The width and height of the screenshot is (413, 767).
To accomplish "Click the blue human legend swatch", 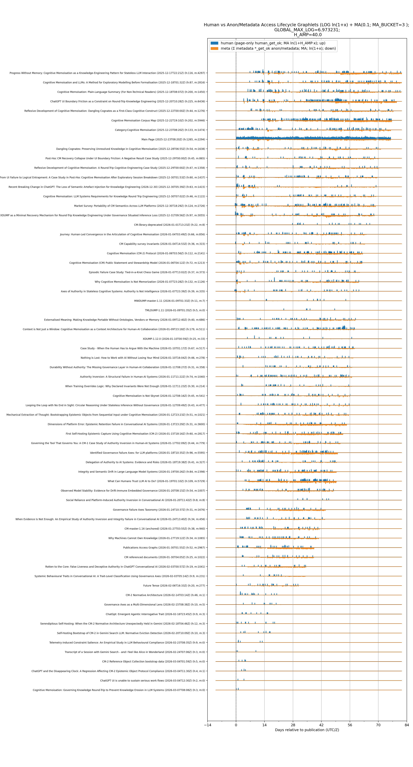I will (214, 43).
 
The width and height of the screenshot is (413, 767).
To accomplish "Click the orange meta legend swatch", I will (214, 48).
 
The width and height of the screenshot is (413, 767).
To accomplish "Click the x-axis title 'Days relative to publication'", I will (307, 730).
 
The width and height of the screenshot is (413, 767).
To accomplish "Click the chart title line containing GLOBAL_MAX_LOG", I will (307, 30).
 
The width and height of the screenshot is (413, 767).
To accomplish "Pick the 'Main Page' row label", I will (173, 139).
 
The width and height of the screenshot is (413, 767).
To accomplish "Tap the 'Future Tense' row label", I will (174, 585).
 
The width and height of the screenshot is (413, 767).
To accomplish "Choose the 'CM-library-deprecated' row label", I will (169, 225).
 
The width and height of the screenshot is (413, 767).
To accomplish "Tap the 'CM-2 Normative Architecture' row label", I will (165, 595).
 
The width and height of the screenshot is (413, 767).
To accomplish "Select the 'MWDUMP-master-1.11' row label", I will (169, 301).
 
